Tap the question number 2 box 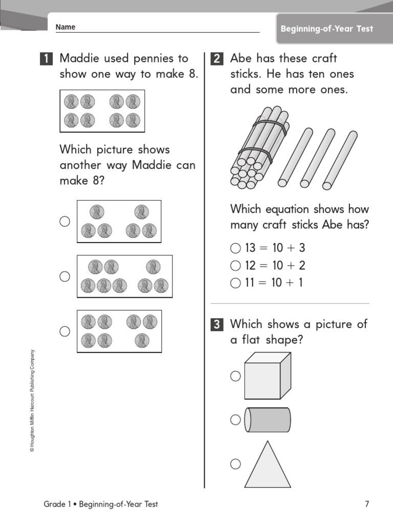tap(217, 59)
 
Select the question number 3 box tap(217, 324)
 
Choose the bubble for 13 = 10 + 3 tap(235, 249)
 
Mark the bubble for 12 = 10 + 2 tap(235, 266)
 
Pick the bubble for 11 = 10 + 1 tap(235, 283)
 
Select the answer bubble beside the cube tap(235, 376)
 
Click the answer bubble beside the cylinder tap(235, 420)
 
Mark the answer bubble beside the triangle tap(235, 464)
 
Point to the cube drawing tap(267, 377)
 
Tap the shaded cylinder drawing tap(268, 420)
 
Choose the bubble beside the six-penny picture tap(64, 222)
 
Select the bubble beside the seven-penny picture tap(64, 332)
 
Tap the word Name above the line tap(65, 27)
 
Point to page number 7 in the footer tap(366, 504)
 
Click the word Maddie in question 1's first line tap(78, 59)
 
